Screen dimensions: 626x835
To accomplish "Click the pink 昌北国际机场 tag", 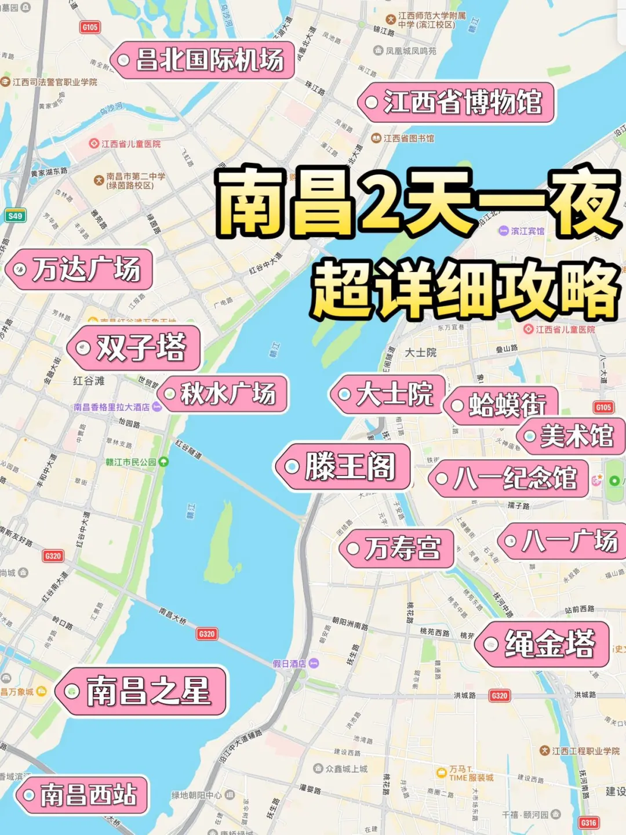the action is pos(203,60).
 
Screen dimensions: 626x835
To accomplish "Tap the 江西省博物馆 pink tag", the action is pos(457,103).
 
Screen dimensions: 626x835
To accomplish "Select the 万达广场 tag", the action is pos(80,270).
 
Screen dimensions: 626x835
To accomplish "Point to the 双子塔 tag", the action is pos(134,348).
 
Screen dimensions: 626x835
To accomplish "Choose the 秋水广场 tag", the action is pos(224,394).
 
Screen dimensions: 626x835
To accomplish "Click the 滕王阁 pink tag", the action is pos(344,467).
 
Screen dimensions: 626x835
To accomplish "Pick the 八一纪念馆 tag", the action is pos(509,478).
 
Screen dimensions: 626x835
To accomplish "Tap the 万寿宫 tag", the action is pos(397,548).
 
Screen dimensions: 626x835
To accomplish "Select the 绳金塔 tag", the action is pos(543,644).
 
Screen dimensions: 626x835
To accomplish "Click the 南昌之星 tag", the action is pos(141,691).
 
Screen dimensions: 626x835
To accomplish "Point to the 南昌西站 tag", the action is pos(82,795).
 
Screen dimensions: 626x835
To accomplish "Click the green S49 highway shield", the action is pos(14,216).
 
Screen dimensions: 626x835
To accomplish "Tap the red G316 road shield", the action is pos(588,822).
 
